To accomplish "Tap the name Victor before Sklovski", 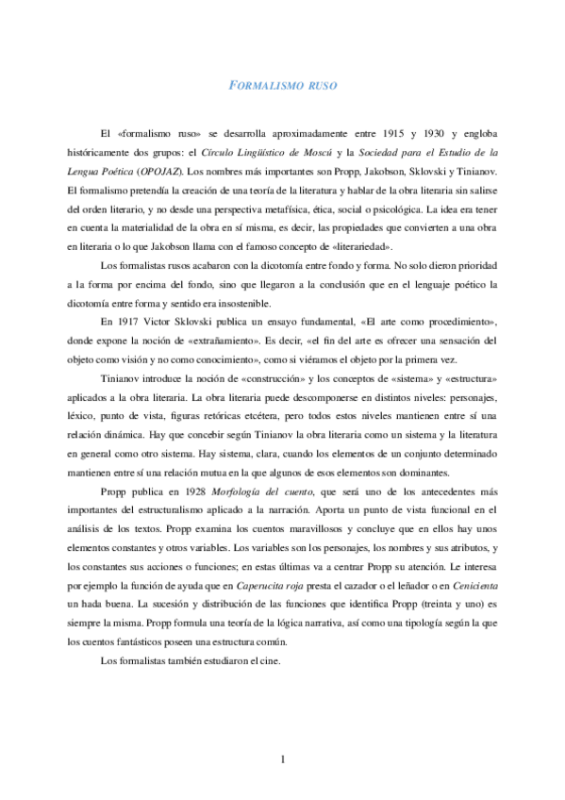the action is [x=183, y=322].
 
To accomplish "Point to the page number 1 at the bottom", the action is [x=282, y=760].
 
